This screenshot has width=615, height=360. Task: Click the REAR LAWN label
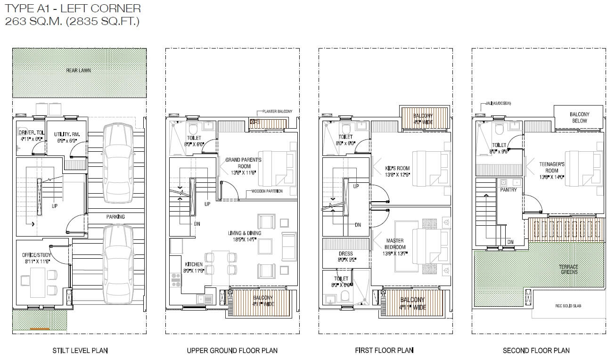[78, 71]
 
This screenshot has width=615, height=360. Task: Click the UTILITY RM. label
[66, 137]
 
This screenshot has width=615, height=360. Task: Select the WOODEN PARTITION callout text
[267, 191]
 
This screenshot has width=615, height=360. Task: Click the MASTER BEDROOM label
[395, 244]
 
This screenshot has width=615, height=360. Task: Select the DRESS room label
[345, 256]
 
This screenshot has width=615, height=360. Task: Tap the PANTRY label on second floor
[508, 190]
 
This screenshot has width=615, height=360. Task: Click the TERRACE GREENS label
[569, 269]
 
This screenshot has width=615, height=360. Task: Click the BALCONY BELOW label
[579, 117]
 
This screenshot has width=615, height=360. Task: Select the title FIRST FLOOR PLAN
[384, 350]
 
